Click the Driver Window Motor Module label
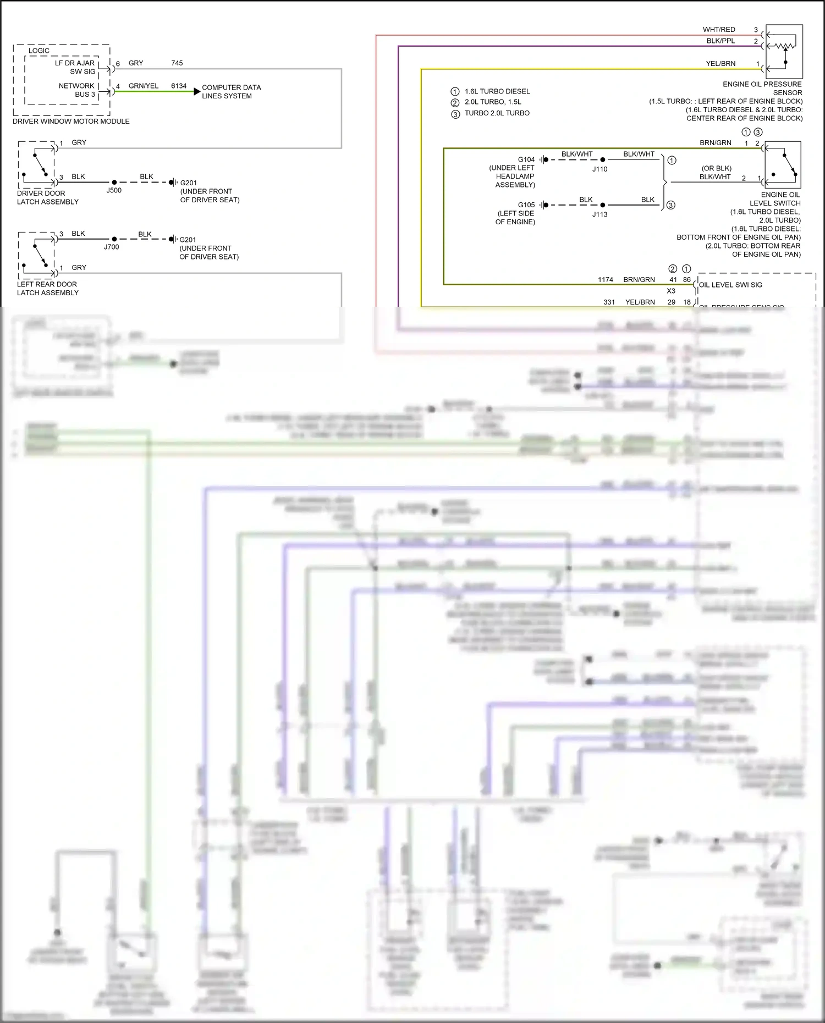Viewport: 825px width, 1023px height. coord(71,121)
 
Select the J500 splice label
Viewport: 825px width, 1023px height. coord(114,190)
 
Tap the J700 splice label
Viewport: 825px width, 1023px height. coord(112,247)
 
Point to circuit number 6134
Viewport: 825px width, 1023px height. coord(179,86)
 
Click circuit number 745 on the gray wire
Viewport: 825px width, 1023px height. coord(177,63)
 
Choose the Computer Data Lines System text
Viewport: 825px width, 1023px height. coord(231,91)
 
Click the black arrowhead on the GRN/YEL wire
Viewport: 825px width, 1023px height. coord(197,91)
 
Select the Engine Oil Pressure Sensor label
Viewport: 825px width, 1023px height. coord(762,88)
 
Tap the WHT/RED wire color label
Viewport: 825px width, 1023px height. coord(719,29)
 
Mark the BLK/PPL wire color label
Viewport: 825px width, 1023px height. coord(721,41)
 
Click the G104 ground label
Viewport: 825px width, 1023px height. coord(526,159)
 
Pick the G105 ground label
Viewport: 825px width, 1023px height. coord(526,204)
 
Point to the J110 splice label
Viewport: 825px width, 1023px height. coord(599,169)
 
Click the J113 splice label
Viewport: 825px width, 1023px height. coord(599,214)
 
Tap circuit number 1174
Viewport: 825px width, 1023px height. coord(606,279)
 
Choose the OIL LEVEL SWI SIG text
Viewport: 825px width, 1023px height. coord(730,285)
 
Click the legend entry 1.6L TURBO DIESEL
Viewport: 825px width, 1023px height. coord(497,91)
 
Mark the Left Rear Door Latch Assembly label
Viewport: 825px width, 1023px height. coord(47,288)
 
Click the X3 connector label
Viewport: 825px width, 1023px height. coord(671,291)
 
